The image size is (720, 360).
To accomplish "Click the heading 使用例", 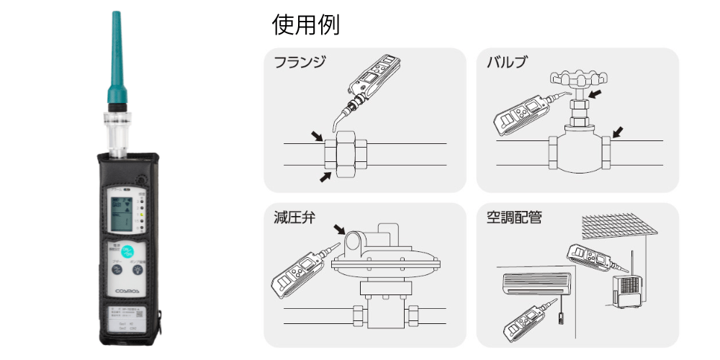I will [x=305, y=25].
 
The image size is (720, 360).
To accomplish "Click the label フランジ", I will [x=300, y=62].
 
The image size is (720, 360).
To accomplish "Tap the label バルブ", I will [x=507, y=62].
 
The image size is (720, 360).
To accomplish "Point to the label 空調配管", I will [x=517, y=217].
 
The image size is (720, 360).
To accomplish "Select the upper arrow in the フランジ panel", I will [x=317, y=135].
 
